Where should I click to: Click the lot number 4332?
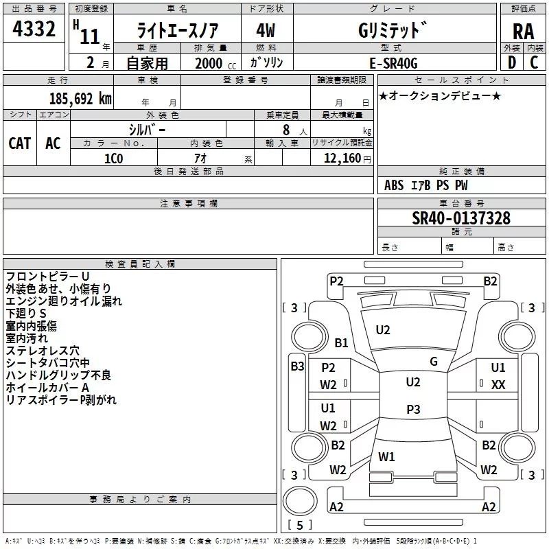click(34, 29)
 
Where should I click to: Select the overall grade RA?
click(524, 32)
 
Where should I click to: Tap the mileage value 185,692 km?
click(80, 99)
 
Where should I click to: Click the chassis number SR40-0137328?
click(461, 218)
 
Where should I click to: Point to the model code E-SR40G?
click(393, 63)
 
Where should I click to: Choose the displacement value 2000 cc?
click(215, 63)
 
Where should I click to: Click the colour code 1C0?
click(114, 159)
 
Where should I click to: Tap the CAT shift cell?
click(20, 143)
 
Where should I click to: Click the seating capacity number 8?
click(286, 130)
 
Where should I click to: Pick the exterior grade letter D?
click(512, 62)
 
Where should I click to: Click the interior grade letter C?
click(534, 62)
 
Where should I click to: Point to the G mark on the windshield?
click(434, 362)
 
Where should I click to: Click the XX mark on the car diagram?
click(498, 385)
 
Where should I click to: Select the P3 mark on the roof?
click(413, 409)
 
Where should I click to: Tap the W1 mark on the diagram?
click(386, 456)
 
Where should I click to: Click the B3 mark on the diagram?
click(297, 366)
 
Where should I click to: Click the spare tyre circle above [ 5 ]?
click(300, 501)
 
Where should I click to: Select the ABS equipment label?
click(394, 185)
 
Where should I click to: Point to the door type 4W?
click(266, 30)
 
